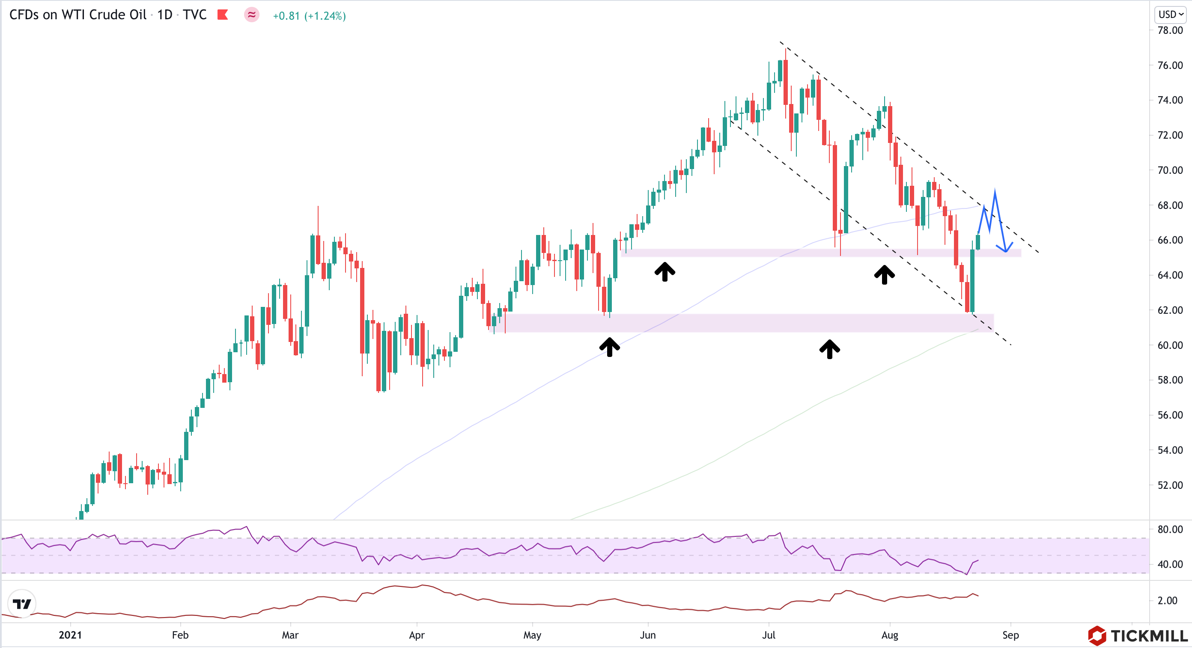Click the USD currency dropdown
tap(1171, 15)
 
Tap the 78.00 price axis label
tap(1170, 30)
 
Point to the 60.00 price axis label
tap(1170, 345)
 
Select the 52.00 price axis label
tap(1170, 485)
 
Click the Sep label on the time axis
tap(1010, 635)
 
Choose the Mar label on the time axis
tap(290, 635)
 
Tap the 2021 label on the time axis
tap(70, 635)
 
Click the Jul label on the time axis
tap(769, 635)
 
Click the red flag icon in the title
tap(223, 15)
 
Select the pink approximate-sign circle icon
tap(252, 15)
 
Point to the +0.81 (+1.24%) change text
tap(309, 16)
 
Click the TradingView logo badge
tap(22, 603)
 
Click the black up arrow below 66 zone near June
tap(665, 271)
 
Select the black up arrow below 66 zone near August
tap(884, 274)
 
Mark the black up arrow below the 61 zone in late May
tap(609, 347)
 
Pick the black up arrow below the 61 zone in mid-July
tap(830, 349)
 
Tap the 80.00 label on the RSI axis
tap(1170, 529)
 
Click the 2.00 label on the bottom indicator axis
tap(1167, 600)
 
